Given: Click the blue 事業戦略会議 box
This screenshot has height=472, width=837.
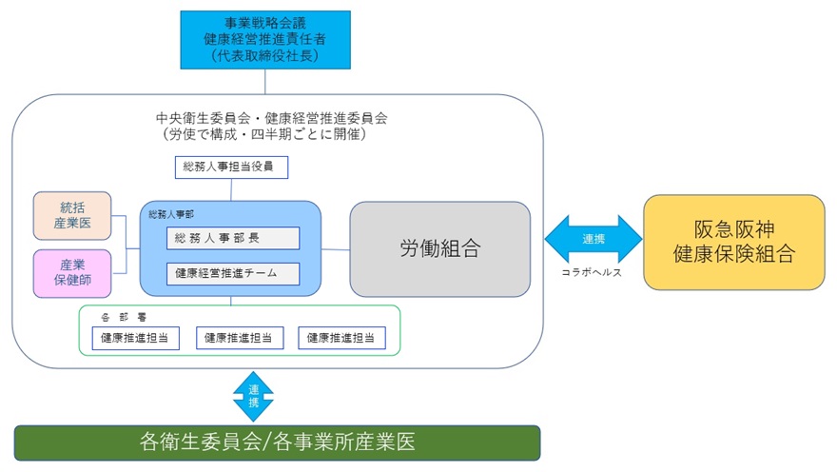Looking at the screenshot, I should point(265,39).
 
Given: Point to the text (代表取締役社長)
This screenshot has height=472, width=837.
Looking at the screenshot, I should point(265,56).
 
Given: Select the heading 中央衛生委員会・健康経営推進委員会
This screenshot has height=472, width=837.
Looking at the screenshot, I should point(273,118).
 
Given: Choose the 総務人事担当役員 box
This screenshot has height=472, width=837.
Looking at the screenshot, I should point(232,168).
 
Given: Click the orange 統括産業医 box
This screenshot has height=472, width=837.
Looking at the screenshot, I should point(72,215).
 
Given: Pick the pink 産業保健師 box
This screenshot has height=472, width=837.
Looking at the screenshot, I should point(72,273).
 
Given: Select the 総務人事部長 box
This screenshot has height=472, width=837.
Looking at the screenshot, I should point(233,238).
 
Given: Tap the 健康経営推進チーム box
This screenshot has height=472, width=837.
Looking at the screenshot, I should point(233,273).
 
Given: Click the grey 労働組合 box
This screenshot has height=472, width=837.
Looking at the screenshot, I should point(439,249).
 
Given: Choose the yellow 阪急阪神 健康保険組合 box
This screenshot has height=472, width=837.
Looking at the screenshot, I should point(733,242).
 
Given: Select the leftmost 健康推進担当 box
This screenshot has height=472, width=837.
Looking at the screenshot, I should point(136,337).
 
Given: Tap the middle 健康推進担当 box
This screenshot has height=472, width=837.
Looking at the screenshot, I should point(239,337).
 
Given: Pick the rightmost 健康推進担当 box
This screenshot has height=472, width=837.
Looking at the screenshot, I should point(342,337).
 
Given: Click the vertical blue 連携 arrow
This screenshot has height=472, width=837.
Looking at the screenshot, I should point(253,395).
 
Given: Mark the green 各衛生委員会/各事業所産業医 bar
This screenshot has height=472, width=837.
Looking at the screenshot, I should point(277,442).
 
